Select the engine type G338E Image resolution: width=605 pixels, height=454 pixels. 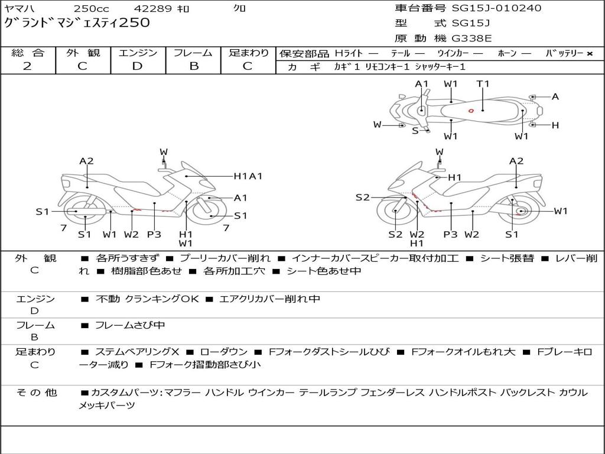click(471, 38)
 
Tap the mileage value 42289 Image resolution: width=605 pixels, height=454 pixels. click(152, 9)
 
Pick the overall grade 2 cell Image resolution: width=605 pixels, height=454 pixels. click(27, 66)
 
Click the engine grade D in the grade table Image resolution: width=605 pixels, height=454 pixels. click(137, 66)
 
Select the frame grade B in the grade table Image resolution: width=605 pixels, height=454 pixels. click(193, 66)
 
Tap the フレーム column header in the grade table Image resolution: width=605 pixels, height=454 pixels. click(193, 53)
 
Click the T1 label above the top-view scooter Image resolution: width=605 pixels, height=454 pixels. click(483, 84)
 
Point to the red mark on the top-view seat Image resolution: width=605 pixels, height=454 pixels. click(471, 111)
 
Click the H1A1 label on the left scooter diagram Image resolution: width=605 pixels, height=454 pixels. click(248, 176)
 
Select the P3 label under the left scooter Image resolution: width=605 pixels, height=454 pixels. click(154, 235)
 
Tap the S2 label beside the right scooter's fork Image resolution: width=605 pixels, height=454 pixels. click(362, 197)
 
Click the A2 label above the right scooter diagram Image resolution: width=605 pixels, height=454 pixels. click(516, 161)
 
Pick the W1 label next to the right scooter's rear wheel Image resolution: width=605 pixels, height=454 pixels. click(560, 211)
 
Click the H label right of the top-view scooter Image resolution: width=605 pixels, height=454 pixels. click(555, 125)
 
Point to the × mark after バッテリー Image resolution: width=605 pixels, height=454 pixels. click(589, 54)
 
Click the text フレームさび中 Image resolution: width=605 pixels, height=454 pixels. click(130, 325)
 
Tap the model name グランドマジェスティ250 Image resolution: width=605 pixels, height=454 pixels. click(77, 23)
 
